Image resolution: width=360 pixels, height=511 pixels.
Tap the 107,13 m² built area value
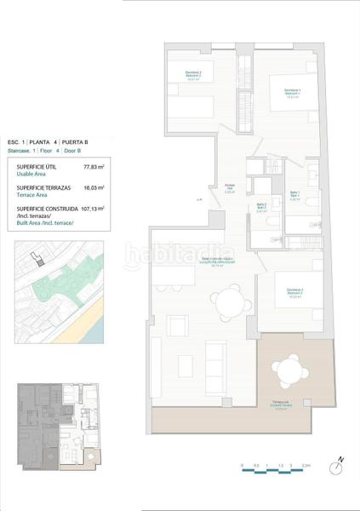point(92,208)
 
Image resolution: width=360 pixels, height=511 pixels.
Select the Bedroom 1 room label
point(293,92)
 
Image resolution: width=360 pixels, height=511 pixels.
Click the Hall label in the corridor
point(229,189)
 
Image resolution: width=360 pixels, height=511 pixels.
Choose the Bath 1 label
point(293,194)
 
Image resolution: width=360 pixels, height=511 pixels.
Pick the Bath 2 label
point(261,207)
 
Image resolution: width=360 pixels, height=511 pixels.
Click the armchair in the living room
point(177,324)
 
